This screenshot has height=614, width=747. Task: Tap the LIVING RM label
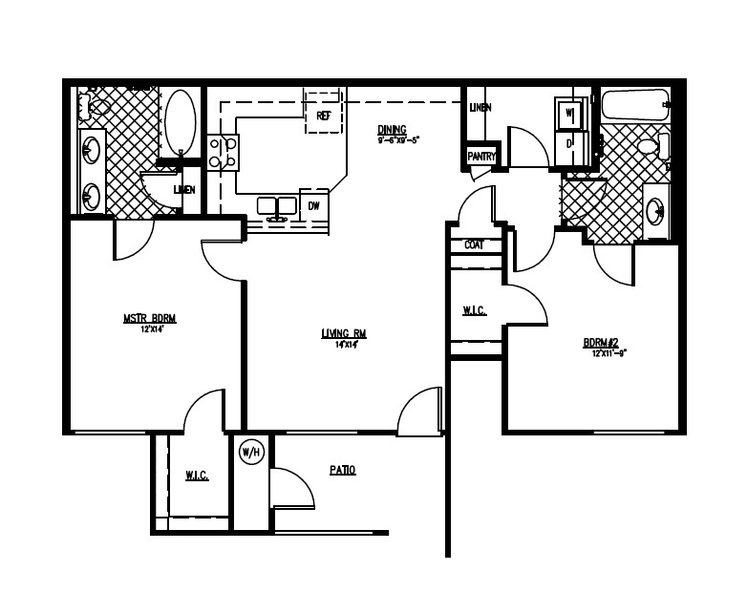point(344,333)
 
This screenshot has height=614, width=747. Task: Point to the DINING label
point(392,130)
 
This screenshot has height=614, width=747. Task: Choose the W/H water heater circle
point(250,451)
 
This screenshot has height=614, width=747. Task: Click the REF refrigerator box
point(323,114)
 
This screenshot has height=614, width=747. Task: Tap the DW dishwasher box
point(313,205)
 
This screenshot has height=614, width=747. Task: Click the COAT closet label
point(474,245)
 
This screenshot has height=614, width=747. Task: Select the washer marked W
point(569,115)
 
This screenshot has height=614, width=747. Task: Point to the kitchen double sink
point(278,206)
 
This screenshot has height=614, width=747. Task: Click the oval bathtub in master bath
point(180,124)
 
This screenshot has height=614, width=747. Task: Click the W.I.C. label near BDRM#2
point(475,310)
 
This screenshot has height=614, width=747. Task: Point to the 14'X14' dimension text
point(344,344)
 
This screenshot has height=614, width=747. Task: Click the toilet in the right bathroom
point(652,147)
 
